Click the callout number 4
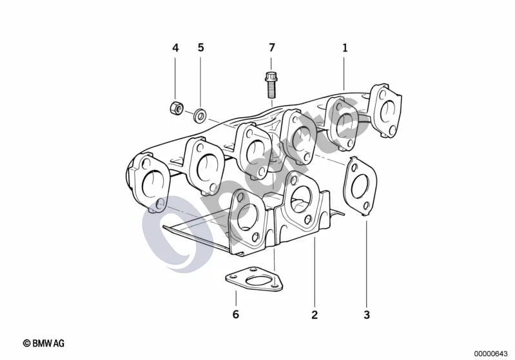coord(175,48)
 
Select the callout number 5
coord(200,48)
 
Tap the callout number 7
coord(271,48)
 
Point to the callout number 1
coord(345,48)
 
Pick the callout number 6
coord(236,314)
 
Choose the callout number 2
coord(315,315)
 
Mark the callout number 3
coord(367,315)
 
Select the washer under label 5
coord(200,115)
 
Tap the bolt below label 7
coord(271,84)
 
